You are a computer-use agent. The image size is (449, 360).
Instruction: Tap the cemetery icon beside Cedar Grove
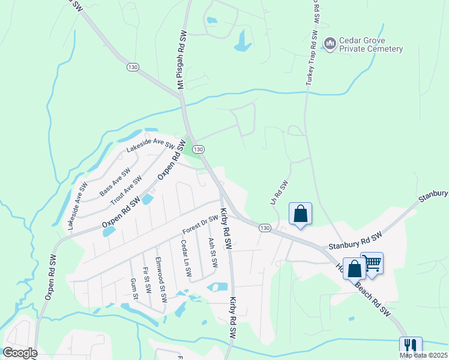pyautogui.click(x=330, y=44)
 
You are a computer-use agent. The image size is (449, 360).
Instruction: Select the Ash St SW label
pyautogui.click(x=212, y=253)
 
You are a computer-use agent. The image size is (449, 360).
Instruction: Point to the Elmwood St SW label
pyautogui.click(x=161, y=280)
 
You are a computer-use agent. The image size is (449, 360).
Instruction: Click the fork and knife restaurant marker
pyautogui.click(x=411, y=346)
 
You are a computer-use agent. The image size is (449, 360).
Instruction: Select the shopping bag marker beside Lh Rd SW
pyautogui.click(x=300, y=214)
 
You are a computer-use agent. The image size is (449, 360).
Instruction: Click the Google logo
pyautogui.click(x=20, y=352)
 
